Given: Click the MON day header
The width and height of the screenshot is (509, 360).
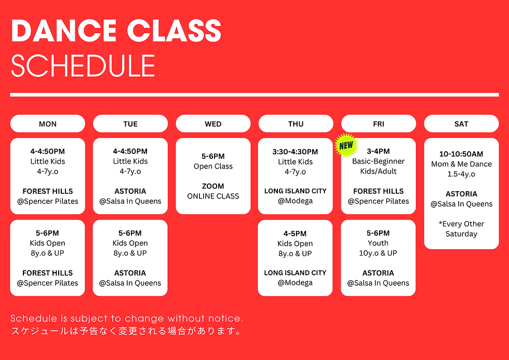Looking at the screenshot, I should coord(48,124).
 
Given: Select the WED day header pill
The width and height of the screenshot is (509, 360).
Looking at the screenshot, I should coord(213,124).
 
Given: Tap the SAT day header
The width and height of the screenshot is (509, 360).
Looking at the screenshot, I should coord(461,124).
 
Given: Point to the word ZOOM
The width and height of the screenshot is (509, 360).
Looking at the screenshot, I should coord(213,186).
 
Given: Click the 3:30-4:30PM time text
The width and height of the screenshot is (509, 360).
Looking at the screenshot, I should coord(295,152).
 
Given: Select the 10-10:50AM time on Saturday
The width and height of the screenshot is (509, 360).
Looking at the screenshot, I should coord(461,154).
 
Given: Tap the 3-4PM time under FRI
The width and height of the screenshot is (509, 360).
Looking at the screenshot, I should coord(378,152).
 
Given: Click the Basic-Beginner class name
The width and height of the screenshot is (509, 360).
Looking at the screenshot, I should coord(378,161).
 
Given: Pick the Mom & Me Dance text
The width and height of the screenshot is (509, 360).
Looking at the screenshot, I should coord(461,164).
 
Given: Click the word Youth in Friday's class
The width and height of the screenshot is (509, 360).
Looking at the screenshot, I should coord(378,243).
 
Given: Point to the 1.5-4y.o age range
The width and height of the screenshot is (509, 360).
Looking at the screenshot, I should coord(461,174).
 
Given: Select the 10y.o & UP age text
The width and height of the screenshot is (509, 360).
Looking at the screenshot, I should coord(378,253).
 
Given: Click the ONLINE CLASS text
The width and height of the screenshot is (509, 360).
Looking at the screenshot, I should coord(213,196).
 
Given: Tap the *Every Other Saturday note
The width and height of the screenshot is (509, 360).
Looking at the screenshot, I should coord(461,229).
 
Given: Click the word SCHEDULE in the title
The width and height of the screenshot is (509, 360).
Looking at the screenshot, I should coord(83,66).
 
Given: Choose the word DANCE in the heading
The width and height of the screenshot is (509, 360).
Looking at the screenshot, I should coord(55,32).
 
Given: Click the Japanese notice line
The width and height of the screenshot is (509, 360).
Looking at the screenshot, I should coord(127,331).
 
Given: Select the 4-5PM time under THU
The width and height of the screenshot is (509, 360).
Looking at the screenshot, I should coord(295,233).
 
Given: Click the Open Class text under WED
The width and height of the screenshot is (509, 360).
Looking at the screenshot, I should coord(213,166).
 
